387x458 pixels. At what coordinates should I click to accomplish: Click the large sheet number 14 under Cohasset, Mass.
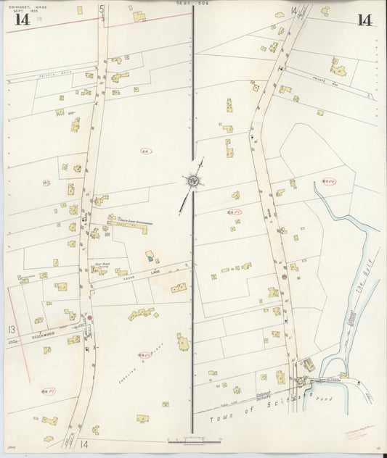(22, 20)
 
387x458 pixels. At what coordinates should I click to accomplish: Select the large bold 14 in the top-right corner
(364, 20)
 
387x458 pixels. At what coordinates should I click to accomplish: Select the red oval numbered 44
(146, 150)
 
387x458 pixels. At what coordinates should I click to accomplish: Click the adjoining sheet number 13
(12, 330)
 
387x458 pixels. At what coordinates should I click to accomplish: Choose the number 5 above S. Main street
(102, 10)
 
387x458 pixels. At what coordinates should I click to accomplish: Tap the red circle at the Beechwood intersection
(90, 318)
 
